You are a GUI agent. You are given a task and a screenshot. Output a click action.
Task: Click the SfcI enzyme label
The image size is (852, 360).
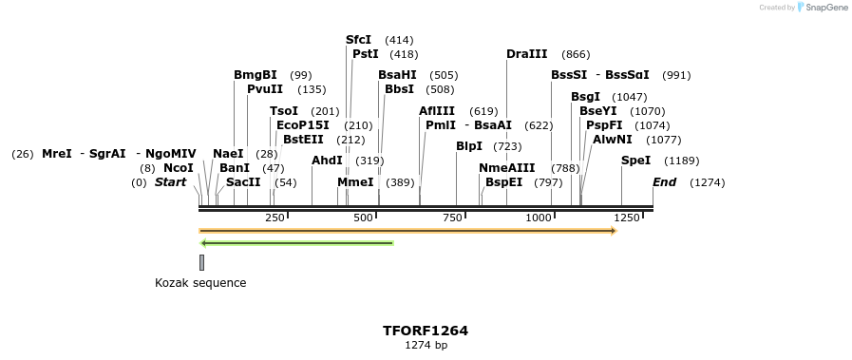pos(358,40)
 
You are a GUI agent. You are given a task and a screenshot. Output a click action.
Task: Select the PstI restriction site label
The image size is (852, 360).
pos(366,54)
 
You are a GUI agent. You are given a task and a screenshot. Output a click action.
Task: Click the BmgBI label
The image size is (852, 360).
pos(256,75)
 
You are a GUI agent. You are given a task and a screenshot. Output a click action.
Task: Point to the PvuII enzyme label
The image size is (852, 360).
pos(265,89)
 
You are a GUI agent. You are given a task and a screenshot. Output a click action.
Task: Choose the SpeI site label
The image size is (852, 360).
pos(636,161)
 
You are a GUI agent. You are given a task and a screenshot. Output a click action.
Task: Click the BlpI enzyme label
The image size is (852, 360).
pos(469,146)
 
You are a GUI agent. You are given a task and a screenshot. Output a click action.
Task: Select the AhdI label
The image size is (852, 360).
pos(327,161)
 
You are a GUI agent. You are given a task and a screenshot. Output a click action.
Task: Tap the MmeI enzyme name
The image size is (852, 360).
pos(355,182)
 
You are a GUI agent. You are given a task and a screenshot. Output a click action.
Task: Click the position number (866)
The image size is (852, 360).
pos(576,54)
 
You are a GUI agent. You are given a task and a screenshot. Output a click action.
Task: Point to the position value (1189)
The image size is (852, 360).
pos(681,161)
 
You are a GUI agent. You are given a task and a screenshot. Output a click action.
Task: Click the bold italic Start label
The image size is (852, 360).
pos(171,182)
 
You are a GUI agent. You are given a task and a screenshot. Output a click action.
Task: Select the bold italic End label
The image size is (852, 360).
pos(664,182)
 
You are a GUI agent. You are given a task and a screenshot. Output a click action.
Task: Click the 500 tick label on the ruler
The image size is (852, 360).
pos(364,218)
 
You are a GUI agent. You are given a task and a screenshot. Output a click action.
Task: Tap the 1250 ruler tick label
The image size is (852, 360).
pos(627,218)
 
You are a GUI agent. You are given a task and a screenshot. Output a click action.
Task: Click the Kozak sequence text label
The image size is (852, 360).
pos(200,283)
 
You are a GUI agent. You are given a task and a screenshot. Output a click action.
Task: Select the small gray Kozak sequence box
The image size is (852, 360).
pos(201,262)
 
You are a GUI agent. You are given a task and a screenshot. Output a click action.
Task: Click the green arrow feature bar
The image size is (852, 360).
pos(296,243)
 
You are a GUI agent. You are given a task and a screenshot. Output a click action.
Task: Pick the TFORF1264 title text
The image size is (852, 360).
pos(426,331)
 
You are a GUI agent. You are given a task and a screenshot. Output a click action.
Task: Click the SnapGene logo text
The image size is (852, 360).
pos(825,8)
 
